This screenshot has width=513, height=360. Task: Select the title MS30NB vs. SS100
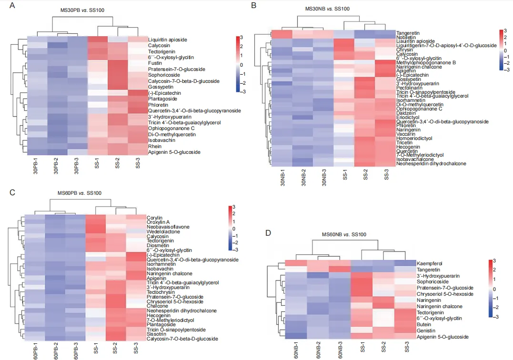pyautogui.click(x=327, y=9)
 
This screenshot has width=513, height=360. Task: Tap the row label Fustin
pyautogui.click(x=154, y=63)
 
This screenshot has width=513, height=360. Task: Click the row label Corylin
pyautogui.click(x=154, y=218)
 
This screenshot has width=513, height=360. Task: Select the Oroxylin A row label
pyautogui.click(x=158, y=222)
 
